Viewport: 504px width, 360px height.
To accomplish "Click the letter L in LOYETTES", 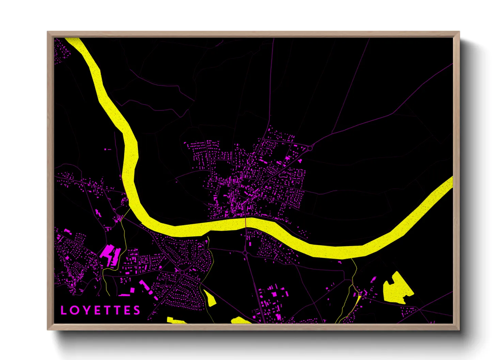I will click(x=63, y=310).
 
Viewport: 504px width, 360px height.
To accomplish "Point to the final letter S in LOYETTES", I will click(x=137, y=310).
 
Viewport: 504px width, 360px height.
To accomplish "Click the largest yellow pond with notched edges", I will click(x=397, y=289).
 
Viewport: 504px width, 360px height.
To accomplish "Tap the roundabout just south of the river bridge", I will click(x=245, y=253).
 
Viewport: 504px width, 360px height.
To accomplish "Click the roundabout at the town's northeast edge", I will click(x=310, y=148).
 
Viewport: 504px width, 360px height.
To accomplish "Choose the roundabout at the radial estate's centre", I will click(x=183, y=273).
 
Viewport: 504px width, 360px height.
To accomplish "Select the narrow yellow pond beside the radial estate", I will click(x=209, y=298).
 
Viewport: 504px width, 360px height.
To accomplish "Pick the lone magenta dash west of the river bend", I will click(x=108, y=149).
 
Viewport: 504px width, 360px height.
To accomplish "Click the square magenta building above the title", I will click(x=132, y=290).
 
